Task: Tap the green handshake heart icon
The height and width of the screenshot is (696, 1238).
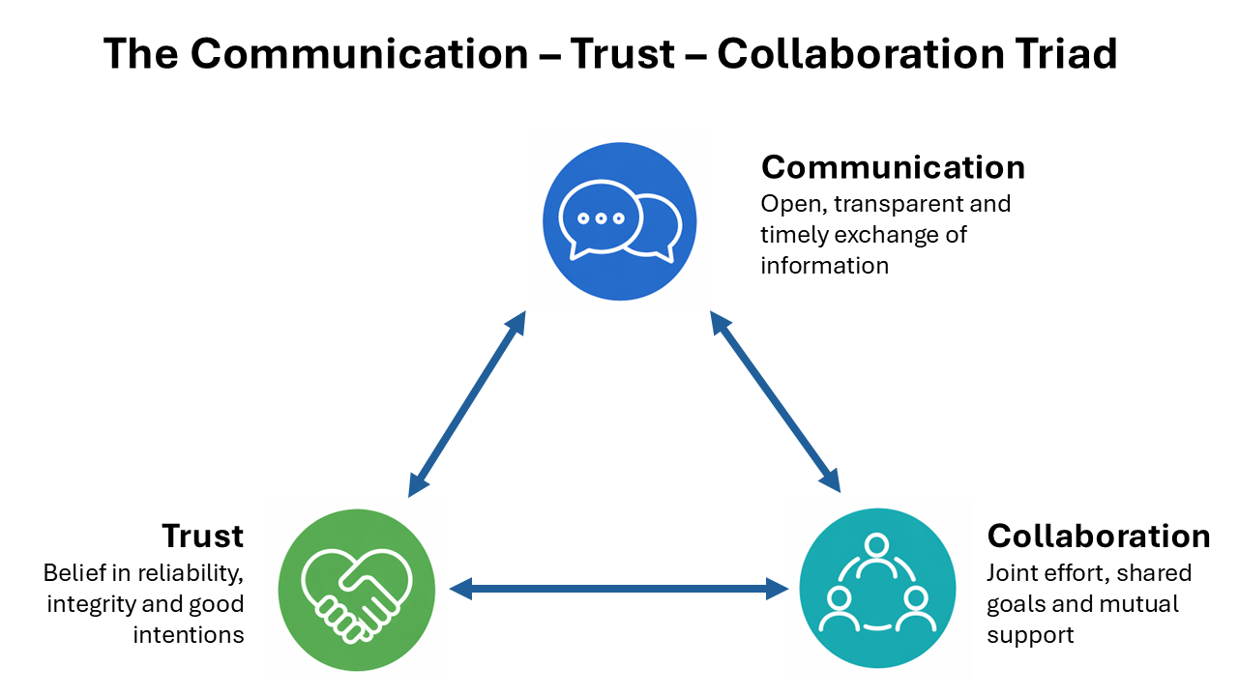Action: pyautogui.click(x=355, y=589)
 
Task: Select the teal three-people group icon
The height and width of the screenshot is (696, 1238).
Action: pyautogui.click(x=876, y=589)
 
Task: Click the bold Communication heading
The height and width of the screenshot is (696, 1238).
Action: pyautogui.click(x=893, y=167)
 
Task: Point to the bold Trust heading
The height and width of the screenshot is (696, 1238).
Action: pyautogui.click(x=202, y=536)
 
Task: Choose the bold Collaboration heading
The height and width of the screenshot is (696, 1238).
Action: pyautogui.click(x=1098, y=536)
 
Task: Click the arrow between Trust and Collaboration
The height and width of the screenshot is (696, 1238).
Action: pyautogui.click(x=620, y=587)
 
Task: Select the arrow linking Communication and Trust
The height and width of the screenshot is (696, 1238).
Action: pyautogui.click(x=467, y=403)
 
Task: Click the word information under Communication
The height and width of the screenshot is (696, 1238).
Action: pyautogui.click(x=824, y=266)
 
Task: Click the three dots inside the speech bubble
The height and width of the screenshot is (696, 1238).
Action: pyautogui.click(x=602, y=218)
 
